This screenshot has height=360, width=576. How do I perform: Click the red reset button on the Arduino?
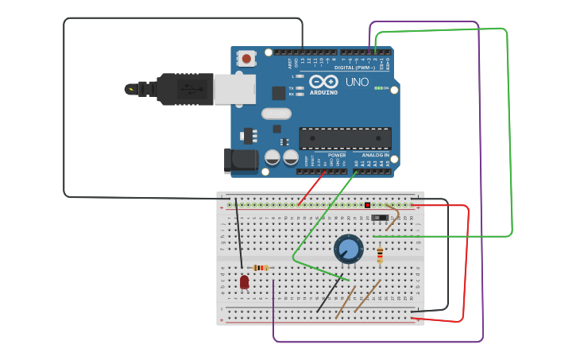pyautogui.click(x=247, y=59)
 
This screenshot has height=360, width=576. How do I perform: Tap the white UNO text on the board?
pyautogui.click(x=357, y=82)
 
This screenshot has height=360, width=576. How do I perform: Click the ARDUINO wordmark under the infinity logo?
pyautogui.click(x=323, y=92)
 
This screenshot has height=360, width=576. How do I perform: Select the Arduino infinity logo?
pyautogui.click(x=323, y=81)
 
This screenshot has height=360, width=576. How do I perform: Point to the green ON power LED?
pyautogui.click(x=378, y=88)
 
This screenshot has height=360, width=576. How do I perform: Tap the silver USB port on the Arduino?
pyautogui.click(x=235, y=89)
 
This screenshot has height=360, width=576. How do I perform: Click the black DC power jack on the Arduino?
pyautogui.click(x=241, y=161)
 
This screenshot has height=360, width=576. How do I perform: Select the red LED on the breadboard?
pyautogui.click(x=244, y=281)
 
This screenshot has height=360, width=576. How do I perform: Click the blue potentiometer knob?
pyautogui.click(x=348, y=249)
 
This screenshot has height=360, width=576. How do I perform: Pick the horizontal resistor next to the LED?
pyautogui.click(x=261, y=268)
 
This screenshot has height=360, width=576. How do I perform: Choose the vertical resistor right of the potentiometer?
pyautogui.click(x=380, y=254)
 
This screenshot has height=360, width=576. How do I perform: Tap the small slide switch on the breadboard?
pyautogui.click(x=381, y=216)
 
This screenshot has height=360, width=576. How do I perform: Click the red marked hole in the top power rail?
pyautogui.click(x=367, y=205)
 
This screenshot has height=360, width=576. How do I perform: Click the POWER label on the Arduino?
pyautogui.click(x=337, y=155)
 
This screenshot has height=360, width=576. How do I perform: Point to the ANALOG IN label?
pyautogui.click(x=376, y=155)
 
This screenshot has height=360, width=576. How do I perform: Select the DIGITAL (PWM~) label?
pyautogui.click(x=354, y=68)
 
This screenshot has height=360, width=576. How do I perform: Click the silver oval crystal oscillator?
pyautogui.click(x=276, y=114)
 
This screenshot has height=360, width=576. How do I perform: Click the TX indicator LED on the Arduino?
pyautogui.click(x=298, y=88)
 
